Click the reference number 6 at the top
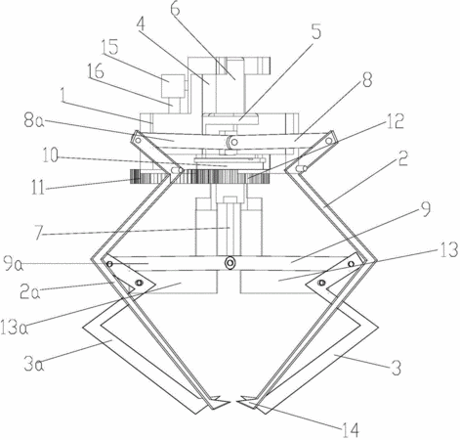pos(175,9)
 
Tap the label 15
pos(109,48)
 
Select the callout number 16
pos(96,70)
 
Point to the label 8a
pos(33,121)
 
